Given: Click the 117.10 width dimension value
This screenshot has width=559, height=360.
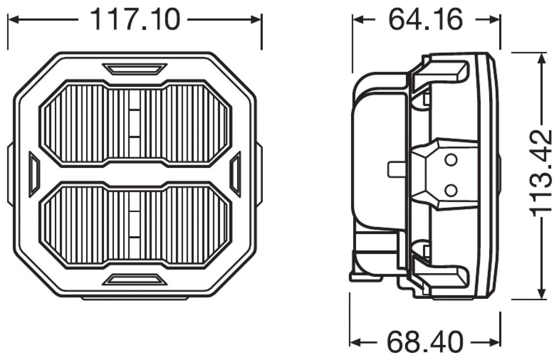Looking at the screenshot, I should click(x=135, y=19).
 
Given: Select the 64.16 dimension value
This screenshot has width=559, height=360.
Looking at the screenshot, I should click(x=425, y=19).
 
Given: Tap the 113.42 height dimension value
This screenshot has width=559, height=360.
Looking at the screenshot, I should click(x=542, y=173).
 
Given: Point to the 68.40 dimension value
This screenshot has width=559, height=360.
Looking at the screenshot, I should click(x=425, y=341).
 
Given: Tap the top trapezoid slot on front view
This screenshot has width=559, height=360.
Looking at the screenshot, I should click(x=135, y=69).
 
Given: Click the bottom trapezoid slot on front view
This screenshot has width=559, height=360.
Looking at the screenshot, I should click(x=135, y=280).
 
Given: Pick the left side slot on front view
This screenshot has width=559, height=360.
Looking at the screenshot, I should click(x=34, y=174).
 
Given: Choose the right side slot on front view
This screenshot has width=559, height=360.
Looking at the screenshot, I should click(x=235, y=174).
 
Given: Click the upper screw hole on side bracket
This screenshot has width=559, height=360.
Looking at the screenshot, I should click(x=451, y=159).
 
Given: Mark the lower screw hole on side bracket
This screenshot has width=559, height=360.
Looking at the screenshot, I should click(x=451, y=190).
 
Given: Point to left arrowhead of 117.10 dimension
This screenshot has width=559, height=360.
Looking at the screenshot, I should click(x=13, y=19).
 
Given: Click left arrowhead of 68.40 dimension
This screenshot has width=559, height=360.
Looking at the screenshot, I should click(x=355, y=341).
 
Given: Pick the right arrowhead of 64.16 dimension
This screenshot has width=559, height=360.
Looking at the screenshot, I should click(x=495, y=19).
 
